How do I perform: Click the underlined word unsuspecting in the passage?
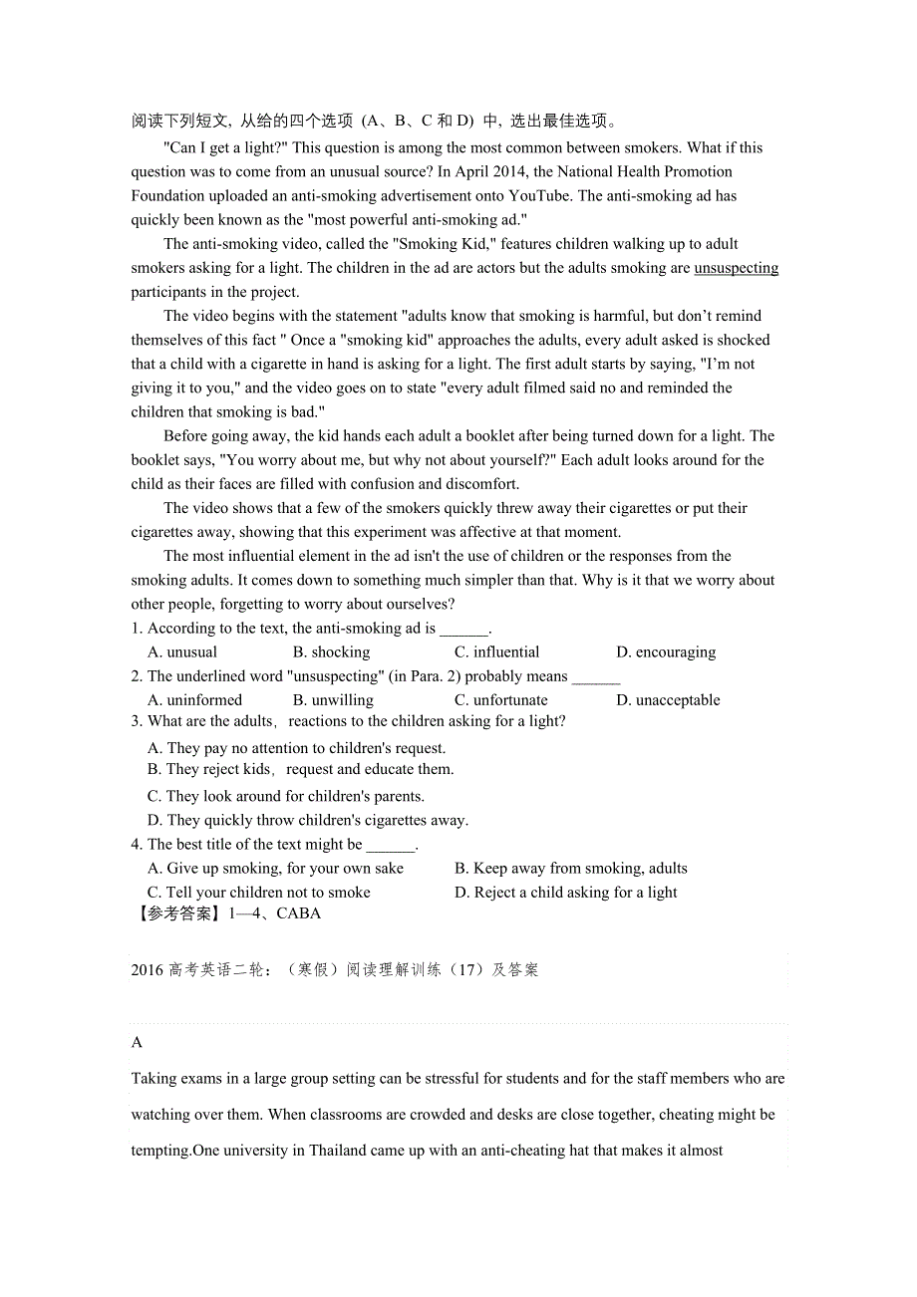click(x=736, y=268)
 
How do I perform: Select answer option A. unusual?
click(x=182, y=652)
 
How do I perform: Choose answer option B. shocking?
click(x=331, y=652)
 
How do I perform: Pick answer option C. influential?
click(x=496, y=652)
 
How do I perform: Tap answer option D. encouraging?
click(x=665, y=652)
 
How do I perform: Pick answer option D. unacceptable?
click(x=668, y=700)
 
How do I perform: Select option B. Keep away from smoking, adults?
click(x=570, y=869)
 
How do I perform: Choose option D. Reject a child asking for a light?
click(x=565, y=893)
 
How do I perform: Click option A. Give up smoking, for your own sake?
click(x=275, y=869)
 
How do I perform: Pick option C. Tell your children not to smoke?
click(x=258, y=893)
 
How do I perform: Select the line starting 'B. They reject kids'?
click(x=300, y=769)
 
